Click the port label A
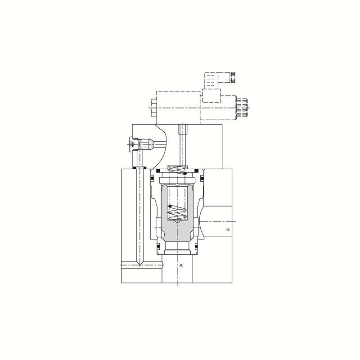[181, 265]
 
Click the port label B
[228, 229]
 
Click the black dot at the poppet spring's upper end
[170, 206]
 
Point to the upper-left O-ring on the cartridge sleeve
[152, 178]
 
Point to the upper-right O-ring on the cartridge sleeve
[202, 178]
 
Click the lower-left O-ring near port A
[158, 247]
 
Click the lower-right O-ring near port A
[196, 247]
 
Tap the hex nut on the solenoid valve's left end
[153, 108]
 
